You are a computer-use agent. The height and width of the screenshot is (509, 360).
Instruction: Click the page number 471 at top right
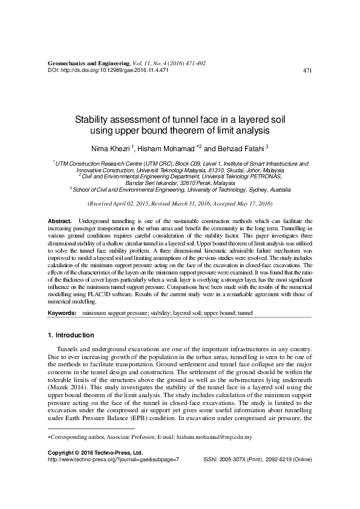click(x=307, y=70)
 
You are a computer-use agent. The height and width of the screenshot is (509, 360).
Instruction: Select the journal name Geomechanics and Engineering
click(x=88, y=63)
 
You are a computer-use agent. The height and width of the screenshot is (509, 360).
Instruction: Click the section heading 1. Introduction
click(x=71, y=335)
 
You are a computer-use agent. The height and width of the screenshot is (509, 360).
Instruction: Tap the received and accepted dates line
click(x=180, y=204)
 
